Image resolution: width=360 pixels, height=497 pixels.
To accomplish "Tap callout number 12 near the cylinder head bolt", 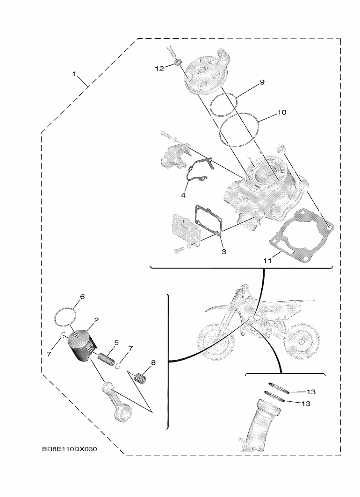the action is tap(159, 69).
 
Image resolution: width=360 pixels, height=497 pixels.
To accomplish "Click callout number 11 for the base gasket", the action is tap(267, 261).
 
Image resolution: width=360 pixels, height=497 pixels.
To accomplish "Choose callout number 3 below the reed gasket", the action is tap(223, 252).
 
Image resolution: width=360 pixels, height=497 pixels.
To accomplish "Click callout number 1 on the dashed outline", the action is tap(74, 74).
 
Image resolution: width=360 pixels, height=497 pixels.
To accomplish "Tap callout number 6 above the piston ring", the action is tap(82, 297).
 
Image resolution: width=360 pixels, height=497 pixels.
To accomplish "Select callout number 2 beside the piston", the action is tap(96, 320).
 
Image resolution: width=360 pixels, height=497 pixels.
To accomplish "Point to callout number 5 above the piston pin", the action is tap(116, 342).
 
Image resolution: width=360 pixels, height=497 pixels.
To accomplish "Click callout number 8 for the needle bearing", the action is tap(152, 362).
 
